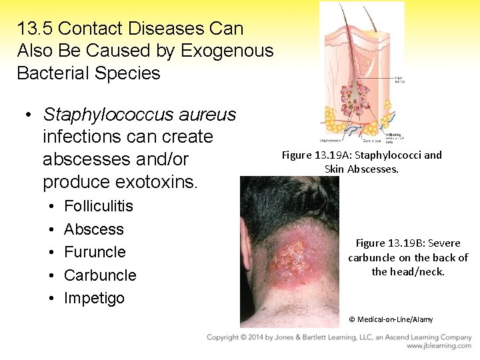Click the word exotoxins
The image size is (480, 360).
158,182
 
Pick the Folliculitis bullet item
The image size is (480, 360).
98,206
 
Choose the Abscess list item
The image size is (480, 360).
93,229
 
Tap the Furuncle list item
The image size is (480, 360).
95,252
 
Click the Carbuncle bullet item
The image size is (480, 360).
100,275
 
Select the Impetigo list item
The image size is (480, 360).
94,298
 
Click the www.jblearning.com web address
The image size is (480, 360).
439,346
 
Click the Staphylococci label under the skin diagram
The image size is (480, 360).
331,141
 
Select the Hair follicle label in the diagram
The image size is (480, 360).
399,79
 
